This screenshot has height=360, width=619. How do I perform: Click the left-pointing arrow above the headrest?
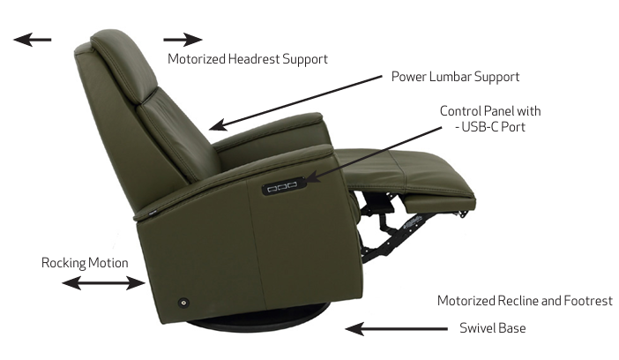click(33, 40)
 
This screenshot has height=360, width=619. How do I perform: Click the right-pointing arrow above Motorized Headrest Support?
click(183, 40)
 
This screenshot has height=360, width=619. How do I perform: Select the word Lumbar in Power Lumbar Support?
click(450, 76)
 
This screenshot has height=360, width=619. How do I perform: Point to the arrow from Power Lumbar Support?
click(295, 102)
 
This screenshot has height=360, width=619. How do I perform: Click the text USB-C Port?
click(493, 127)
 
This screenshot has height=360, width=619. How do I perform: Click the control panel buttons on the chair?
click(283, 186)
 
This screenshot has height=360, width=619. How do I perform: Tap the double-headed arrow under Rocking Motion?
click(103, 283)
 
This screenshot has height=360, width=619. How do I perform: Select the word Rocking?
click(63, 263)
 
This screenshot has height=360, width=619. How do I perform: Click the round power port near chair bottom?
click(183, 303)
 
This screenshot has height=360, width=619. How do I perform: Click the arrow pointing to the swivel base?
click(396, 329)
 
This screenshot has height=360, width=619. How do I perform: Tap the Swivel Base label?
click(492, 328)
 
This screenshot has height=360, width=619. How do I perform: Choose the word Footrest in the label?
click(588, 301)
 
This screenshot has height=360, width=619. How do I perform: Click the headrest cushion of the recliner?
click(123, 65)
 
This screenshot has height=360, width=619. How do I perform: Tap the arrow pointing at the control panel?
click(374, 154)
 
